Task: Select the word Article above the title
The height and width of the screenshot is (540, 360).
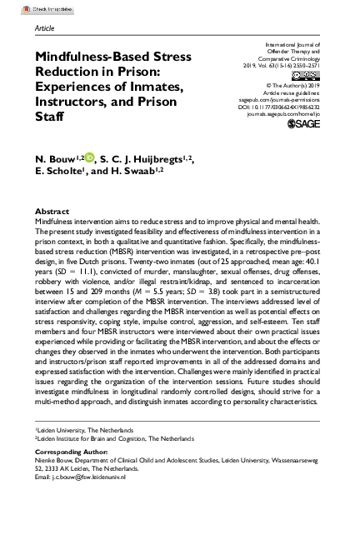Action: click(x=47, y=27)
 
